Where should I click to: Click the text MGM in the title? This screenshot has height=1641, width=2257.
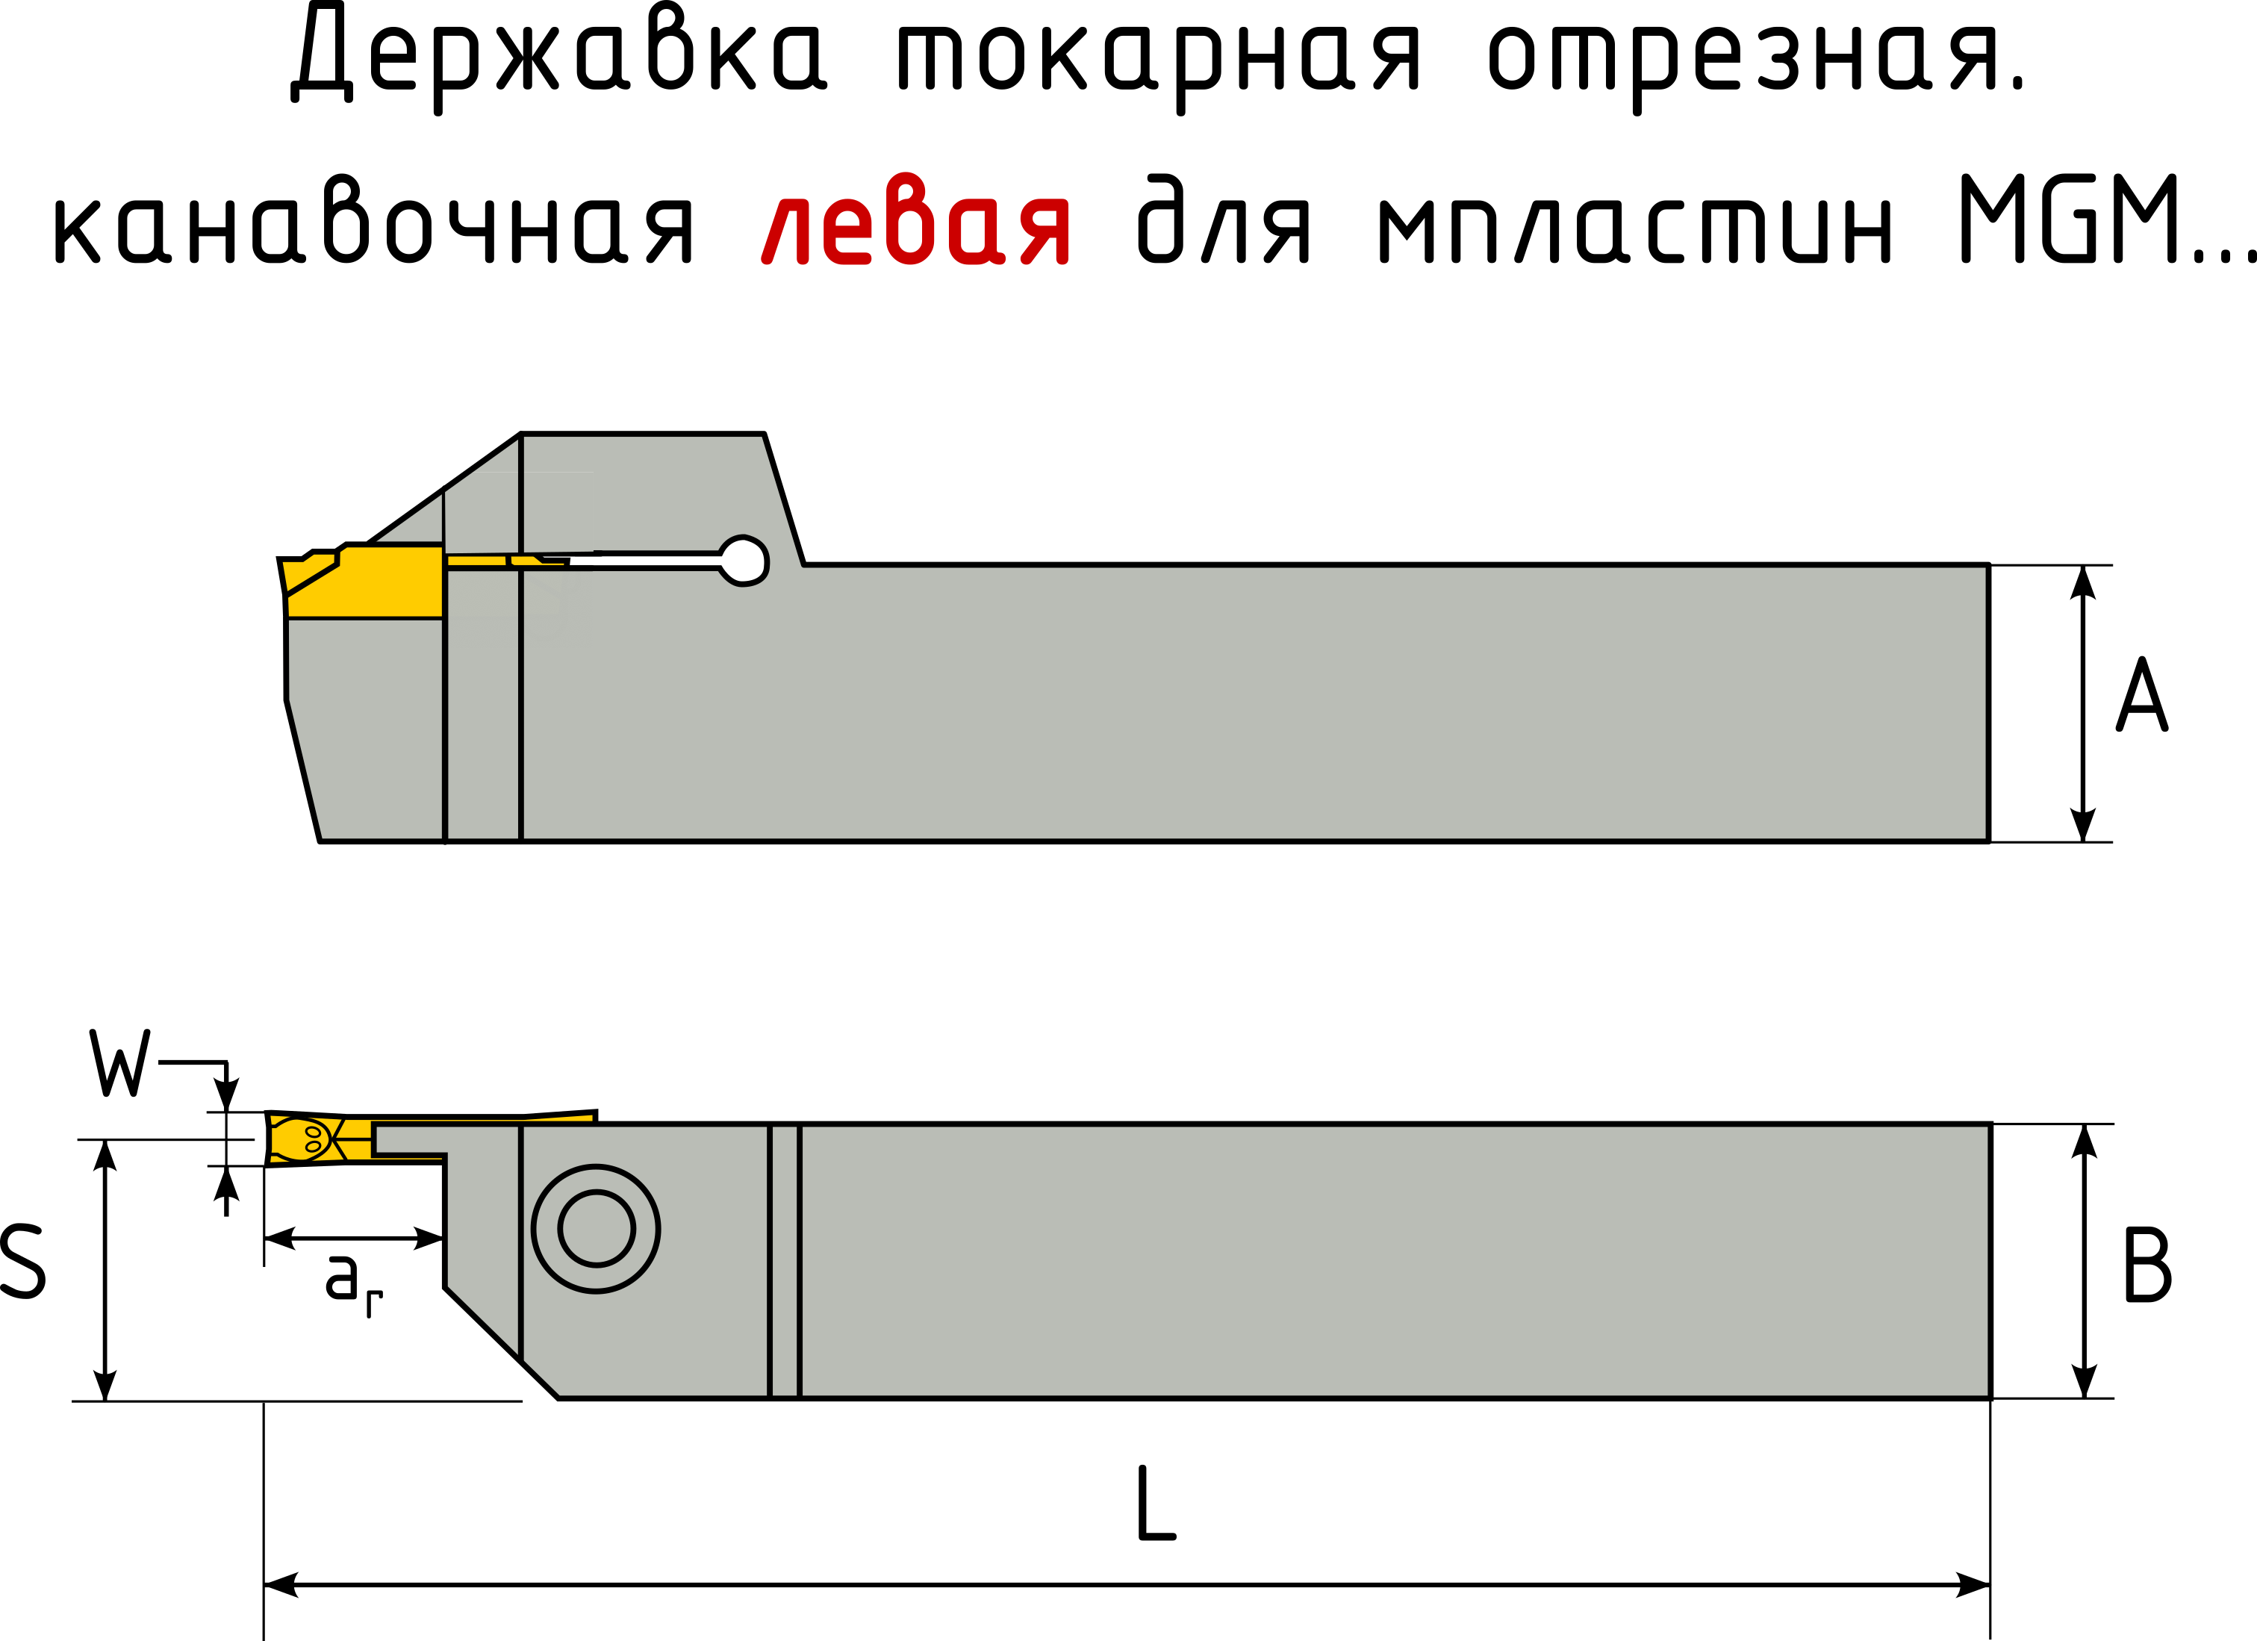pos(2070,221)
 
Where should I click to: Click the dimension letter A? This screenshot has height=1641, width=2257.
pos(2141,697)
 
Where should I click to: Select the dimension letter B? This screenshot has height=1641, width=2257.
pos(2147,1265)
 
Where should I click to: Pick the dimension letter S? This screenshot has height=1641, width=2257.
pos(22,1262)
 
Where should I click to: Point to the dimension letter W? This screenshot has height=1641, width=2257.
pos(119,1063)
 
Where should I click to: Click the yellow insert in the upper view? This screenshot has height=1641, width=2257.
pos(378,582)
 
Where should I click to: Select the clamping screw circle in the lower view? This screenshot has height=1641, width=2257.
pos(596,1229)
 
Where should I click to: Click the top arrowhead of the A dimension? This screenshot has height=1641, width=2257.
pos(2083,583)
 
